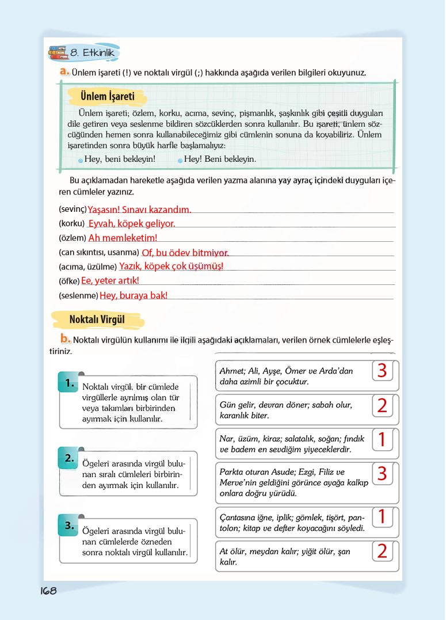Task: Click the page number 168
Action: click(x=48, y=591)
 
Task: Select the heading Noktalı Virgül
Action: click(x=97, y=319)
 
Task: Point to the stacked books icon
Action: click(x=58, y=54)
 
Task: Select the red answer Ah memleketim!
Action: click(x=123, y=238)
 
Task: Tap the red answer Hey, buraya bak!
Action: click(x=134, y=295)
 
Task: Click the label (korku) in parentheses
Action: click(x=72, y=223)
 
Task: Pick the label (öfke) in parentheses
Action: click(x=69, y=281)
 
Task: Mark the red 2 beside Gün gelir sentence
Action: click(x=382, y=405)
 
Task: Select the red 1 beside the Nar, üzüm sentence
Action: click(x=382, y=440)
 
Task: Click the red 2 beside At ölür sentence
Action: click(x=382, y=551)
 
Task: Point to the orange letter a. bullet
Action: click(x=64, y=73)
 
